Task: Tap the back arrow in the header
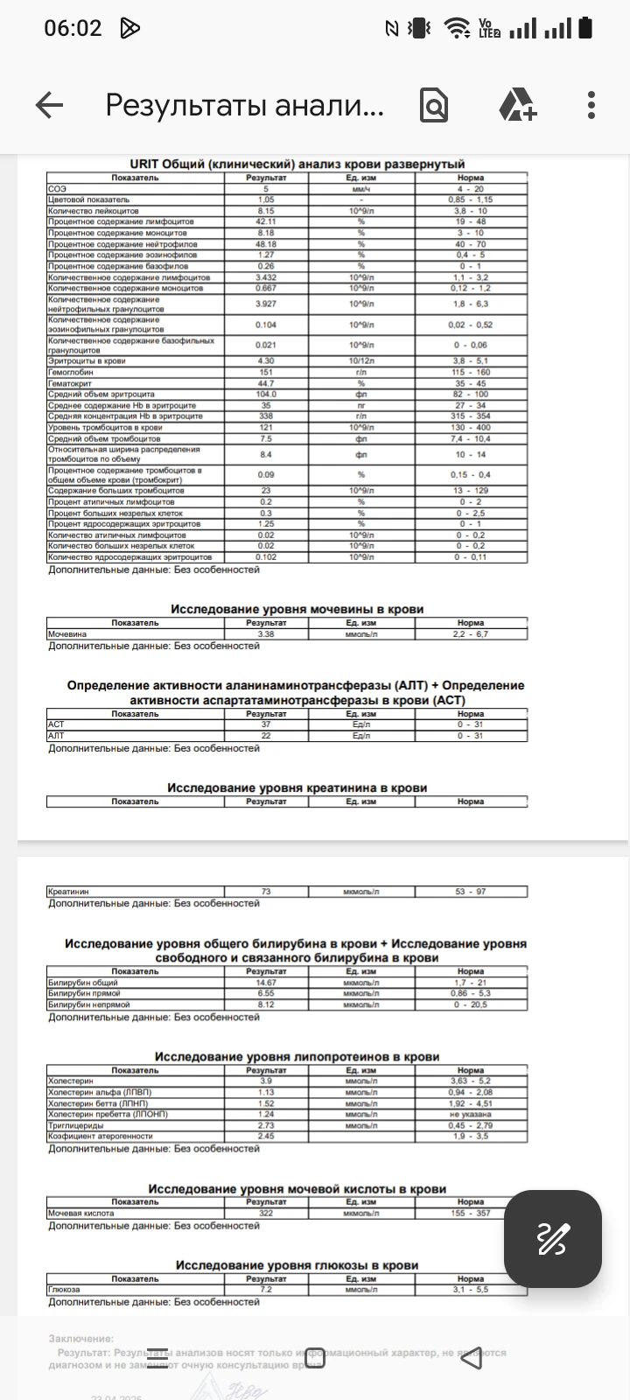click(49, 106)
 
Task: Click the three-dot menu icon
click(591, 106)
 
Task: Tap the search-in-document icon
click(434, 106)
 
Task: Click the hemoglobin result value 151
click(266, 372)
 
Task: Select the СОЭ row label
click(58, 189)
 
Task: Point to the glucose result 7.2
click(266, 1290)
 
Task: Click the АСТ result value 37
click(266, 724)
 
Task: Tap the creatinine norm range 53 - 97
click(471, 892)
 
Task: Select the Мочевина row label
click(67, 634)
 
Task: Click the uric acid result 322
click(266, 1214)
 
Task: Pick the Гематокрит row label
click(70, 383)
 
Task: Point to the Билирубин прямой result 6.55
click(266, 994)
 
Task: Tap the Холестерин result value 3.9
click(266, 1081)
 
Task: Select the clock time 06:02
click(73, 28)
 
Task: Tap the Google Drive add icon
click(517, 106)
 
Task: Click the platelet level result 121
click(266, 428)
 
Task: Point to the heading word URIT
click(144, 164)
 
